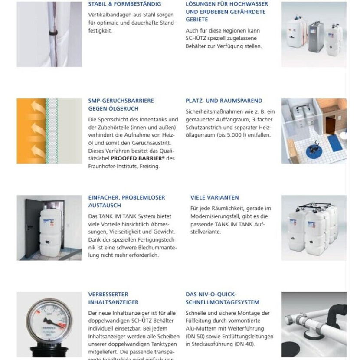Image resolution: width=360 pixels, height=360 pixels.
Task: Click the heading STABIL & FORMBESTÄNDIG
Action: [124, 4]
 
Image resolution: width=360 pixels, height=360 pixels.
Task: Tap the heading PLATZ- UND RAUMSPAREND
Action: [224, 101]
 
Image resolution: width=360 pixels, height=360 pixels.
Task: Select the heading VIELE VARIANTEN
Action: [214, 197]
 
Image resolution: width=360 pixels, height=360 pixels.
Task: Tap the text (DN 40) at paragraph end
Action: [246, 344]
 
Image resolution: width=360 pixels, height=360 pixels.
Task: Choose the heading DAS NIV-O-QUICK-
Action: [211, 294]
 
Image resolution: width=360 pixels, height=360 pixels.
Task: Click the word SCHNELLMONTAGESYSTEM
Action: [223, 302]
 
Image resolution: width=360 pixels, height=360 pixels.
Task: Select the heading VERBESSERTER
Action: [108, 294]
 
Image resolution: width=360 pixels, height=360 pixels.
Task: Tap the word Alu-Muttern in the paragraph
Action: [200, 328]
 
